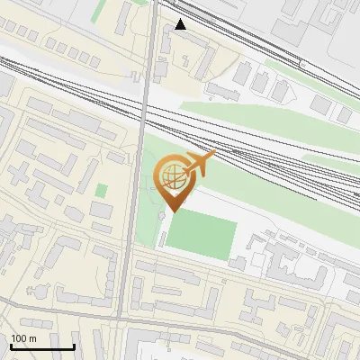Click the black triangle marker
tap(181, 24)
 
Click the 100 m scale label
tap(22, 338)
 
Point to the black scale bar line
tap(41, 346)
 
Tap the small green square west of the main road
tap(102, 190)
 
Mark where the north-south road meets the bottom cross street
tap(120, 318)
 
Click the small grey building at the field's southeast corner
tap(238, 264)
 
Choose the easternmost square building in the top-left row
tap(94, 59)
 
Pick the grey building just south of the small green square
tap(102, 211)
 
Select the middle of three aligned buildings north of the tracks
tap(260, 83)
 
